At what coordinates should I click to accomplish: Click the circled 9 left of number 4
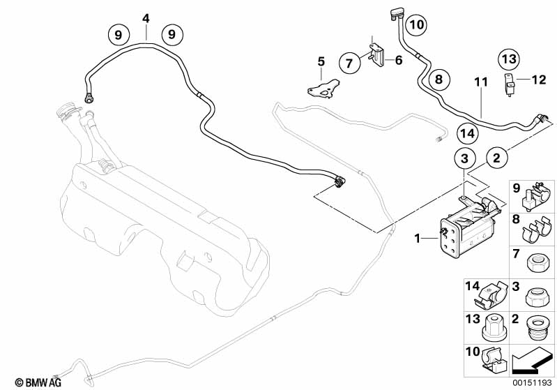tap(118, 33)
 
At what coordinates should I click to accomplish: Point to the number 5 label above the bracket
tap(321, 62)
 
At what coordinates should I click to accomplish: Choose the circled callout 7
tap(351, 63)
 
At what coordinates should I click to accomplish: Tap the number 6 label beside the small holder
tap(399, 61)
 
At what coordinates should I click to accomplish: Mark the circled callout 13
tap(509, 59)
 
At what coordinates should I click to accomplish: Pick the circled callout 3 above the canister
tap(468, 158)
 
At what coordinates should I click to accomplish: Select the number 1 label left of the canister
tap(419, 239)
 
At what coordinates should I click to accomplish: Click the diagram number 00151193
tap(533, 382)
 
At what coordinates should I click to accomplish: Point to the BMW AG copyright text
tap(27, 382)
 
